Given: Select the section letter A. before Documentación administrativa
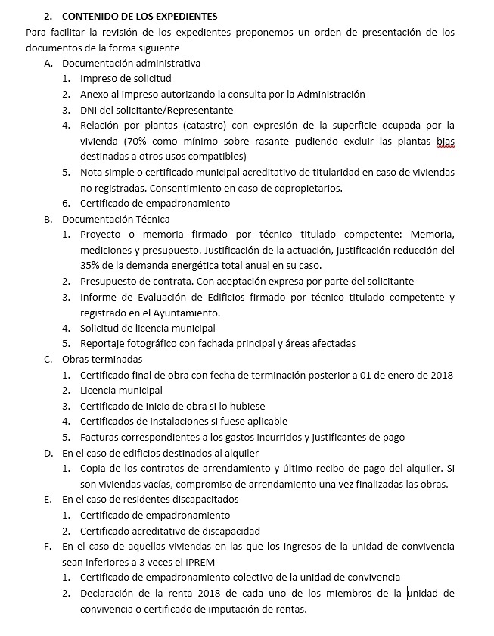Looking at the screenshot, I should pos(48,63).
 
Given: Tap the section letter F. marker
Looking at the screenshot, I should pos(48,546).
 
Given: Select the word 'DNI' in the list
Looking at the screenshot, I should pos(90,110).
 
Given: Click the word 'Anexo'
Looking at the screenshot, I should pos(97,95).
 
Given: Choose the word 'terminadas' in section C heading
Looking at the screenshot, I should pos(115,360).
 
